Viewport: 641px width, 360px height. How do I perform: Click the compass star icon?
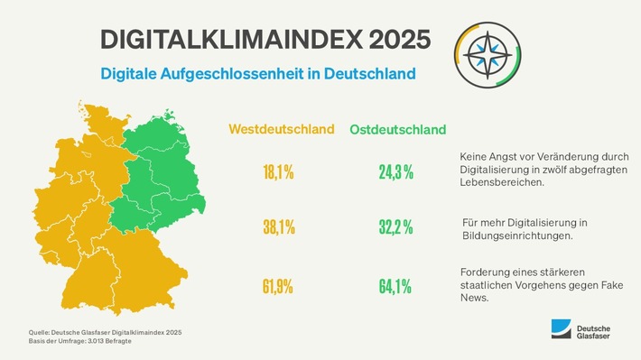click(489, 51)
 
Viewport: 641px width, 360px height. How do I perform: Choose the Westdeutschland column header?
click(281, 130)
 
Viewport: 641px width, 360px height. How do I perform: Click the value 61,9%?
click(278, 287)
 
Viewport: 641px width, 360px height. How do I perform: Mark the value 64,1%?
click(395, 287)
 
